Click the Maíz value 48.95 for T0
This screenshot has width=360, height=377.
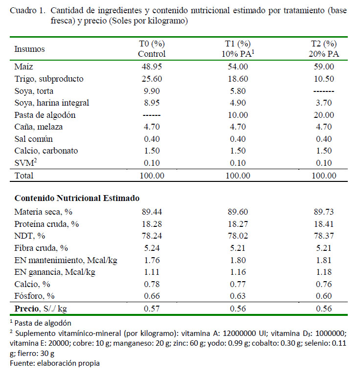[x=152, y=67]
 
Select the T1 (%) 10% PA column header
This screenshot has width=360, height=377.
[x=238, y=48]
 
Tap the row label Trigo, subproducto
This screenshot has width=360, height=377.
[x=49, y=79]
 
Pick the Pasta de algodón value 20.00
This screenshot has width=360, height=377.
[x=324, y=115]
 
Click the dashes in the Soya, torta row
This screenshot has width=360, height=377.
[x=324, y=91]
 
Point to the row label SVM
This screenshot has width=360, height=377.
[x=25, y=163]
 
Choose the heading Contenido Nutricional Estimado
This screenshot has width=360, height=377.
[x=77, y=198]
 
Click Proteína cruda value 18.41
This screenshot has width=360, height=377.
[x=324, y=224]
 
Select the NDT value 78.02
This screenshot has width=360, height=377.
[x=238, y=236]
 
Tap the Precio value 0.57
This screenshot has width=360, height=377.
[x=152, y=309]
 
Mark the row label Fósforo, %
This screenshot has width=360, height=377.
[x=34, y=296]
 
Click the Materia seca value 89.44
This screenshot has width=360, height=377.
[x=152, y=212]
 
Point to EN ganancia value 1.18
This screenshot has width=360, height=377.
[x=324, y=272]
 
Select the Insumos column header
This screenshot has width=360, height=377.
[x=29, y=49]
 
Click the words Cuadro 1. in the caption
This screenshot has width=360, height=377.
[x=28, y=10]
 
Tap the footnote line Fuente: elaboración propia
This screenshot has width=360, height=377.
[x=55, y=363]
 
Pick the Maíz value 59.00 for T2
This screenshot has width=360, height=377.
[x=324, y=67]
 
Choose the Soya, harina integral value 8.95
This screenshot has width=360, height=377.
[x=152, y=103]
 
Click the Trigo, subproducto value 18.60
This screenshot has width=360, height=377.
[x=238, y=79]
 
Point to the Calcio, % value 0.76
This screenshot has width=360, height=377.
[x=324, y=284]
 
